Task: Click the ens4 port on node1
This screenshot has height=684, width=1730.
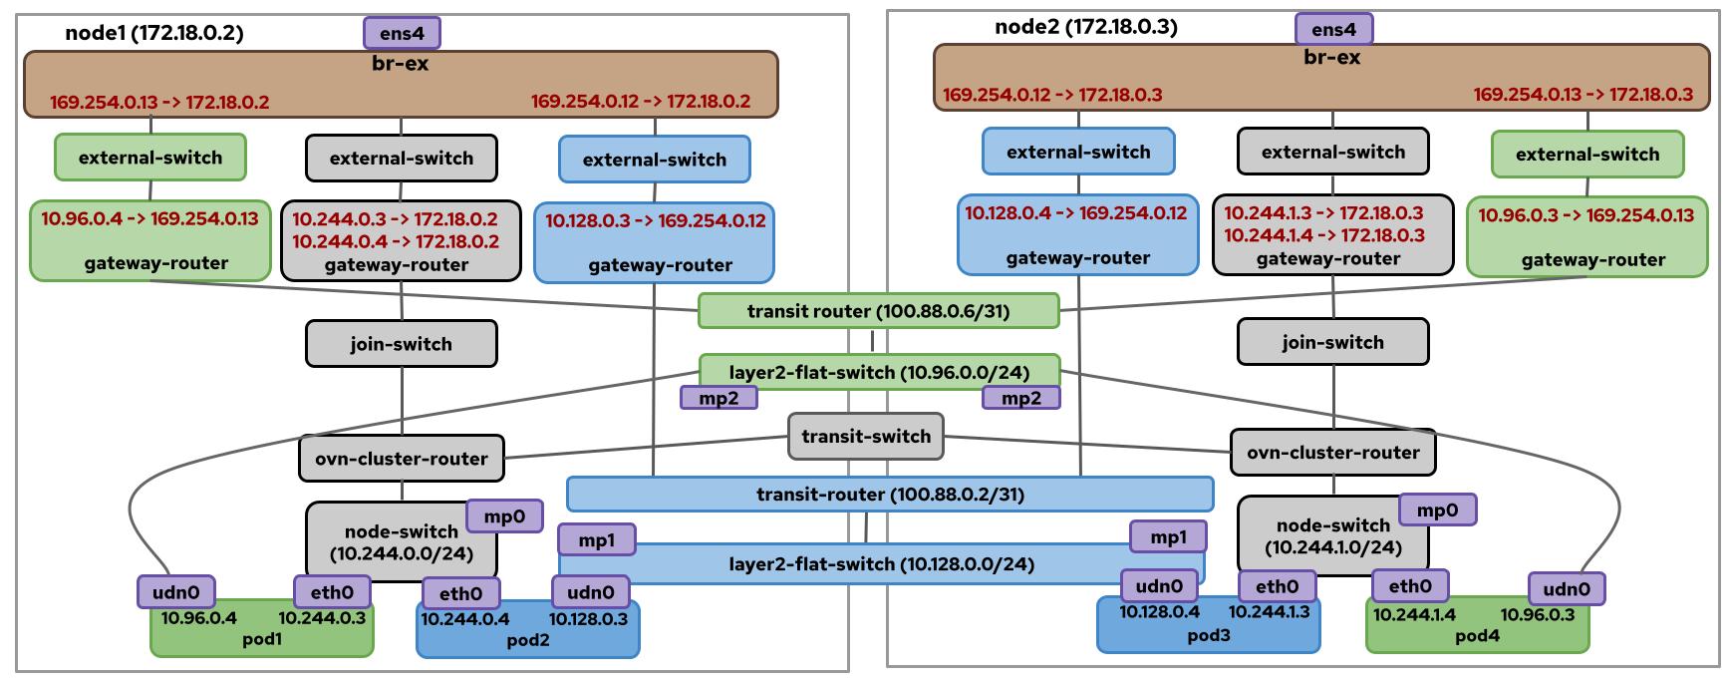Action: [402, 33]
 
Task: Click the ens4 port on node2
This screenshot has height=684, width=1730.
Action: [1333, 29]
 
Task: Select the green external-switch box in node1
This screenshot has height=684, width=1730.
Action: [150, 158]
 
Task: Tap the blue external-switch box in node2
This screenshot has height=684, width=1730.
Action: [1078, 152]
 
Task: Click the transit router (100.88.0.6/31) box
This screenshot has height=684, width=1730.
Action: [878, 311]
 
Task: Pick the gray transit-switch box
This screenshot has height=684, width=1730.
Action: [866, 437]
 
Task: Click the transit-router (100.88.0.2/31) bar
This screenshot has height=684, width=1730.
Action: [890, 495]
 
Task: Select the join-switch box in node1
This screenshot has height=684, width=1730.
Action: [401, 344]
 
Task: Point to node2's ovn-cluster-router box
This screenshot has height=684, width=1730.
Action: [1332, 453]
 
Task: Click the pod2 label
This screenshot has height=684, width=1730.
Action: [527, 640]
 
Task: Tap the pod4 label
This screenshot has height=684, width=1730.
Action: [1477, 636]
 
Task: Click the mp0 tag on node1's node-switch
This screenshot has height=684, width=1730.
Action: [504, 516]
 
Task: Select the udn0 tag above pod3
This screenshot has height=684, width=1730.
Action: [1159, 586]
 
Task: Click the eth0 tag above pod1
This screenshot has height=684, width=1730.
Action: [332, 592]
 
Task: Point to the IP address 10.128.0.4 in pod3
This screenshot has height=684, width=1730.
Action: [1159, 612]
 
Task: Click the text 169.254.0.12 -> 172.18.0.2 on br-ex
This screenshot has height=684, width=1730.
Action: [640, 102]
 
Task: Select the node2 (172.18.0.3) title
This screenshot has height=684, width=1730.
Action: [1085, 27]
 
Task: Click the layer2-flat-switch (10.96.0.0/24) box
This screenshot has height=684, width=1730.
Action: [878, 373]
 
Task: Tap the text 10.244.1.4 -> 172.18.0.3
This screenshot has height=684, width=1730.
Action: [1323, 235]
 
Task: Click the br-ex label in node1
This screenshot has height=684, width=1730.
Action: [400, 64]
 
